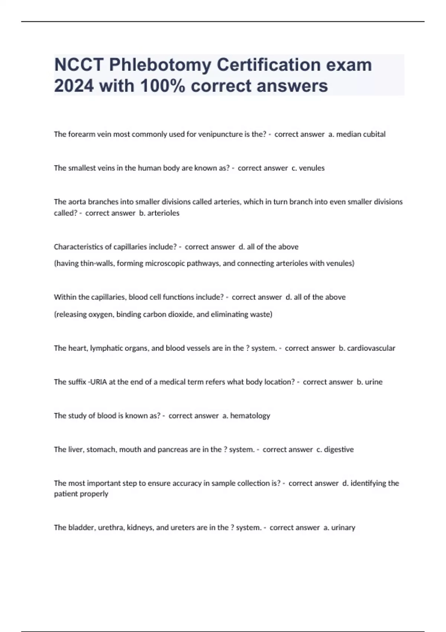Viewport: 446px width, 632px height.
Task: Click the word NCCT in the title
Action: [x=79, y=65]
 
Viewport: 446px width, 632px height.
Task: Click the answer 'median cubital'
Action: [x=361, y=134]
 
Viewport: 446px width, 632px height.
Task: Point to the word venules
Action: [x=311, y=168]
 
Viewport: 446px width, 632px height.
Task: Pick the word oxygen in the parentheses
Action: [x=101, y=315]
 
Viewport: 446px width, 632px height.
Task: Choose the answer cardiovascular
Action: [x=371, y=348]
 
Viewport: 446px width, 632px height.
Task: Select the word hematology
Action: [x=250, y=416]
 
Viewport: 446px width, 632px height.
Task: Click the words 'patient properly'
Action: [x=81, y=494]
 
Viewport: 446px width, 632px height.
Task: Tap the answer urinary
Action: [x=343, y=528]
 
